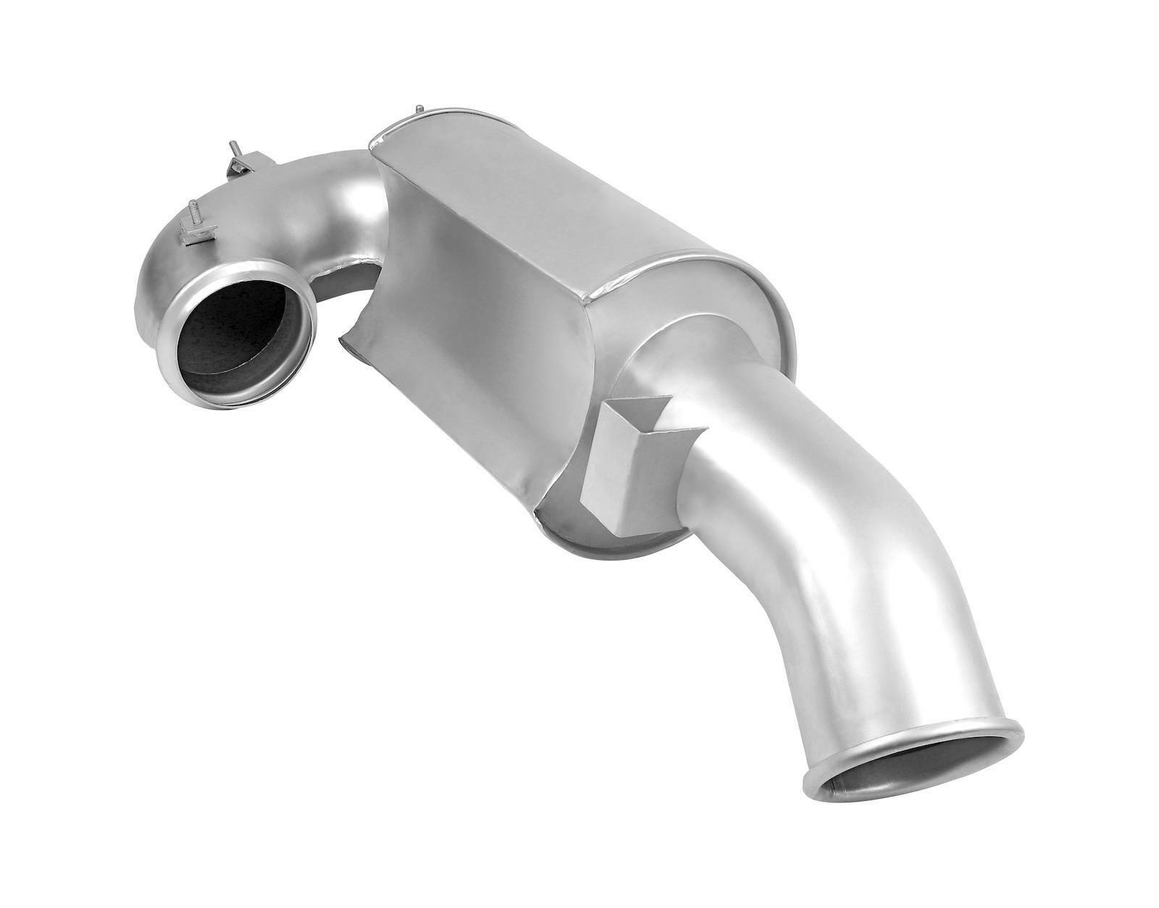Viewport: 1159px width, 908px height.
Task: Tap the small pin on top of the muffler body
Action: point(419,110)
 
